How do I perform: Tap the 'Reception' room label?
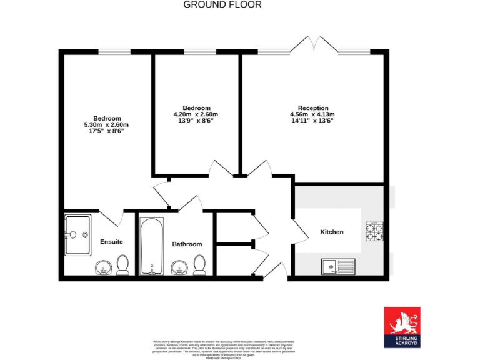coord(312,108)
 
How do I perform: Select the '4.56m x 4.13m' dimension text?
coord(312,114)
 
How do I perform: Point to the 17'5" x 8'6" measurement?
coord(107,131)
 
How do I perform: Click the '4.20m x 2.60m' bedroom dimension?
coord(196,114)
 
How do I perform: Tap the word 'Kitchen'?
coord(332,232)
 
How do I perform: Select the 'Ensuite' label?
coord(111,242)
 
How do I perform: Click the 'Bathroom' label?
coord(187,244)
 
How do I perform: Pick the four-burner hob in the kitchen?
coord(374,231)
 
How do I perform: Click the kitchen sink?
coord(337,267)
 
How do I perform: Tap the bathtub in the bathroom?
coord(151,246)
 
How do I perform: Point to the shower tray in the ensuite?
coord(78,235)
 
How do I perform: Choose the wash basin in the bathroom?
coord(179,269)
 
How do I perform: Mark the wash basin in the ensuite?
coord(103,269)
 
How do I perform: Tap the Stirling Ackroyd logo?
coord(402,327)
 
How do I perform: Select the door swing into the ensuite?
coord(111,218)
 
